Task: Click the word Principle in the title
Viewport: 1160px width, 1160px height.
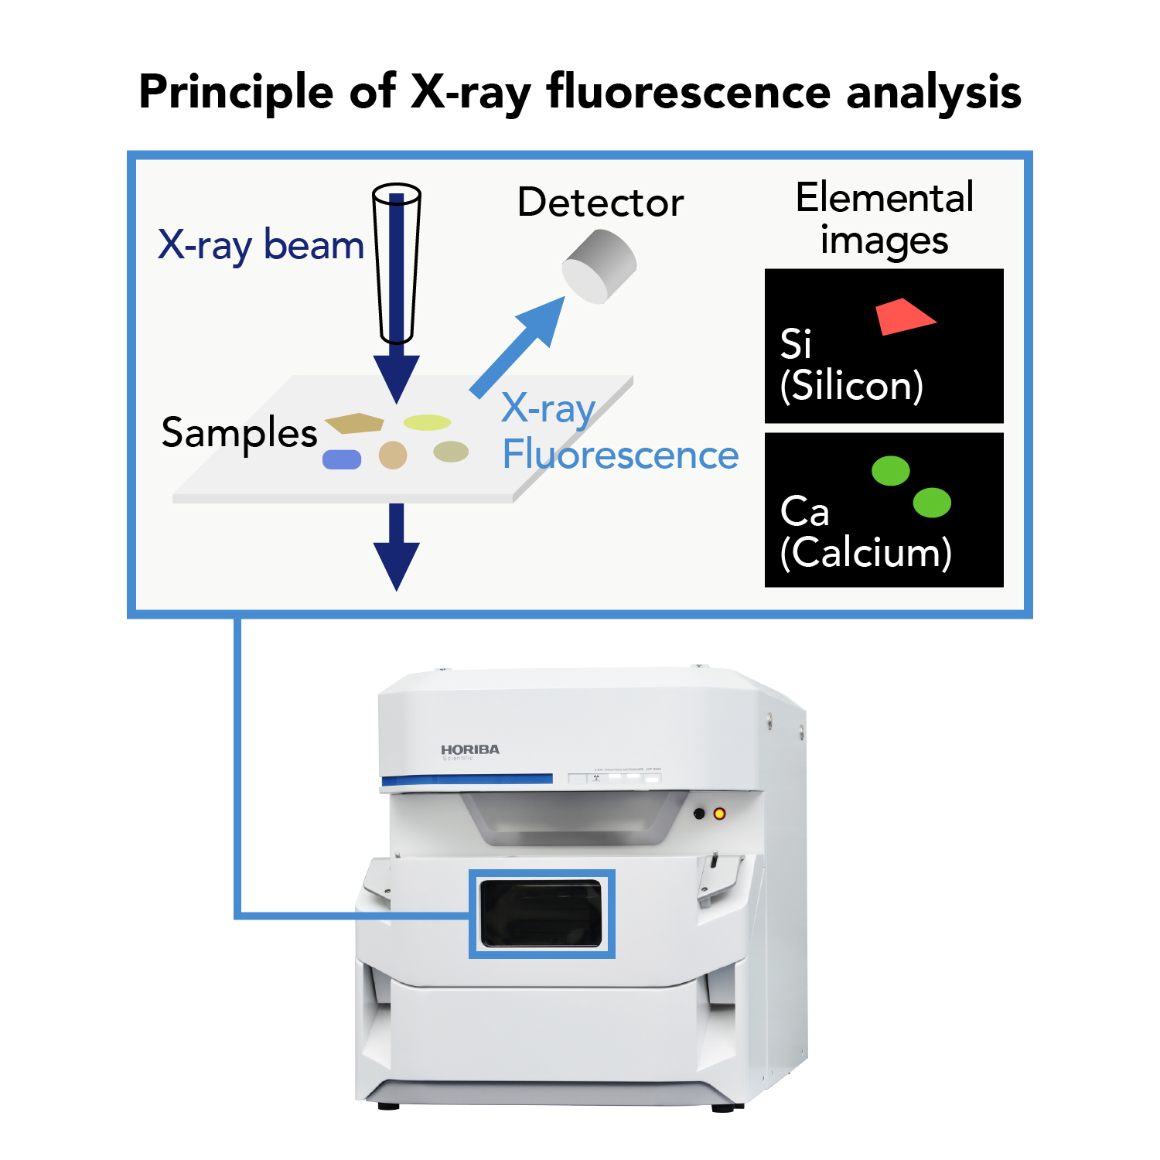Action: (x=236, y=93)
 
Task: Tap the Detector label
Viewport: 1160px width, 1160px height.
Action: (x=600, y=203)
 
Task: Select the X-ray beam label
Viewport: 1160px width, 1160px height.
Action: (x=261, y=245)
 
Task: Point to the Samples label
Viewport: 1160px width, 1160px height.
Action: (x=239, y=433)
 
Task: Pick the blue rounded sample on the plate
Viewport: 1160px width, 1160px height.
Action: (x=342, y=459)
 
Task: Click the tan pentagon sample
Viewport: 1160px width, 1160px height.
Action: (x=355, y=423)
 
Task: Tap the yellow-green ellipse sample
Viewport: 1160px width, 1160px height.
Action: (x=427, y=422)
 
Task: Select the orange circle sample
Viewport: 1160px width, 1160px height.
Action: (x=393, y=455)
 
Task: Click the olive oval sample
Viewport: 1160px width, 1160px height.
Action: (x=451, y=451)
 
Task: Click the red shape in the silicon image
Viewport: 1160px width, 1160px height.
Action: (x=902, y=317)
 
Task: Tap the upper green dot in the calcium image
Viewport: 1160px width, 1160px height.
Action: (x=890, y=470)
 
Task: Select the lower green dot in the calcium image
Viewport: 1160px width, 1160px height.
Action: (x=932, y=503)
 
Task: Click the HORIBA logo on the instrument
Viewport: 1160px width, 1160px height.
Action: (x=470, y=749)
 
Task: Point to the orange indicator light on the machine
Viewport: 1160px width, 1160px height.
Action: (x=719, y=814)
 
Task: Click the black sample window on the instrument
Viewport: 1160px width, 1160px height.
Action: (x=541, y=913)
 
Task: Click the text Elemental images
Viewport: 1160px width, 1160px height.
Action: (x=884, y=219)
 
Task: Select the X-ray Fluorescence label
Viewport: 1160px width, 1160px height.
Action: (x=619, y=433)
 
